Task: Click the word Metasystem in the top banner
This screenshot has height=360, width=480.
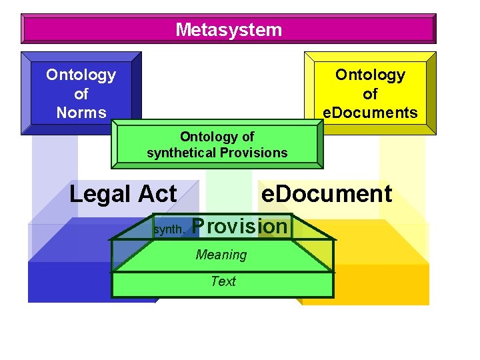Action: (x=229, y=30)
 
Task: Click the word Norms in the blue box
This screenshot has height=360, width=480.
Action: (x=81, y=113)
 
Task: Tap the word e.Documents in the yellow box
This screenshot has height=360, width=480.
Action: (x=370, y=113)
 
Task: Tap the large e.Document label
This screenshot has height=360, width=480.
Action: (x=327, y=194)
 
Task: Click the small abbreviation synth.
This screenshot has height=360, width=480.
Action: (x=168, y=229)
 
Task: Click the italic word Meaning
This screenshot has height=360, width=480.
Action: (x=221, y=255)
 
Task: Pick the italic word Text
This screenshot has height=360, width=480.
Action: (x=223, y=281)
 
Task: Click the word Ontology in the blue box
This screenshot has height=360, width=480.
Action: (x=81, y=75)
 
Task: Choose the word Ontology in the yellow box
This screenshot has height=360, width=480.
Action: (x=370, y=75)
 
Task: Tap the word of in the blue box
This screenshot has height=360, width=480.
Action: (x=81, y=94)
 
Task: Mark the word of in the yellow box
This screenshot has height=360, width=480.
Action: (x=370, y=94)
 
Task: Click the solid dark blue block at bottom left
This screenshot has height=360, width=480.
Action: (x=67, y=283)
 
